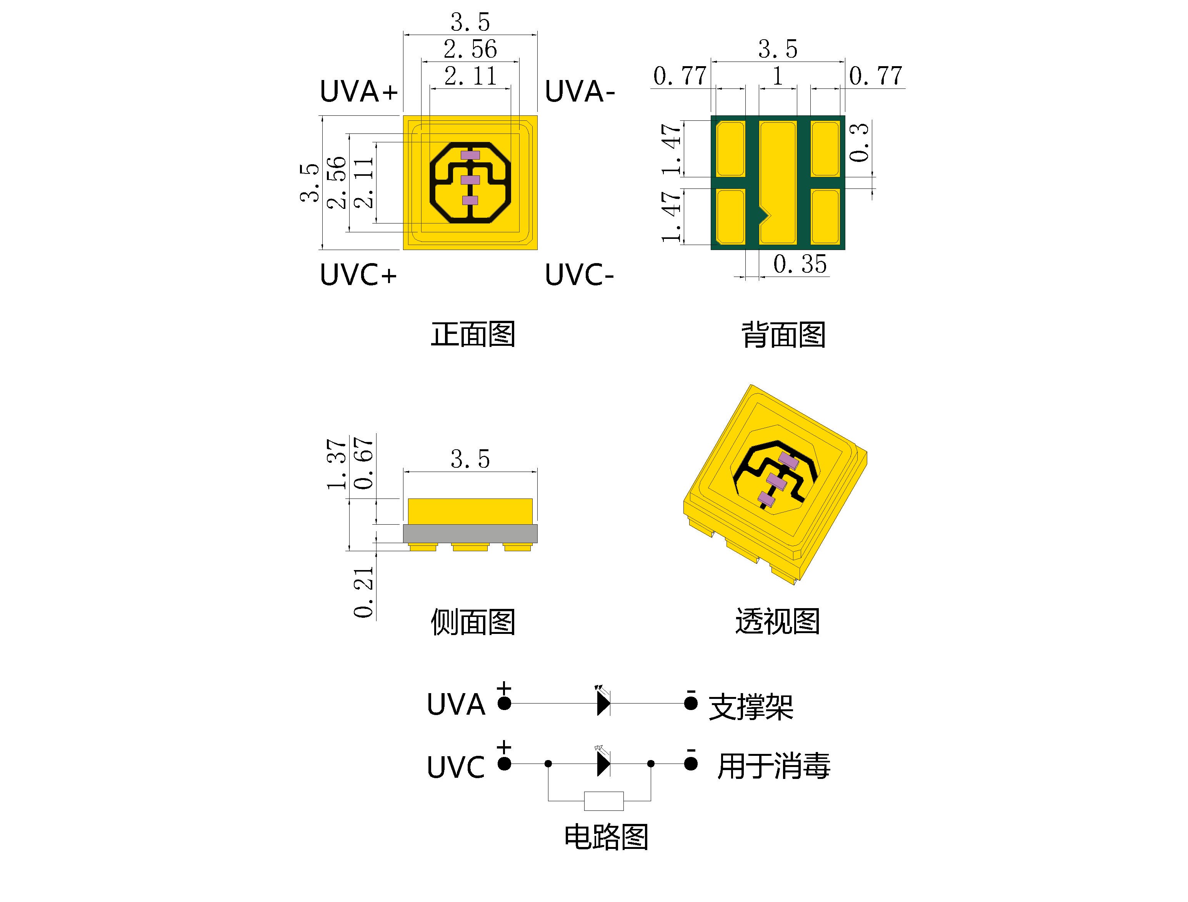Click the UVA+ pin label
click(358, 91)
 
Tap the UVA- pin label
click(579, 91)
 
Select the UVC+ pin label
click(358, 275)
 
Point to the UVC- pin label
click(579, 275)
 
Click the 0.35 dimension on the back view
click(800, 264)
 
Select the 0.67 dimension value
click(363, 463)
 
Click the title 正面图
click(473, 334)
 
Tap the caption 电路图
click(606, 837)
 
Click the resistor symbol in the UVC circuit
click(604, 800)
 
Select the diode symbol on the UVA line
click(604, 703)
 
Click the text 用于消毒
click(773, 766)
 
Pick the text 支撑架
click(751, 707)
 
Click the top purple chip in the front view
click(470, 155)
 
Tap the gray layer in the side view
click(470, 534)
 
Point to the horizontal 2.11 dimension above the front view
click(470, 76)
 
